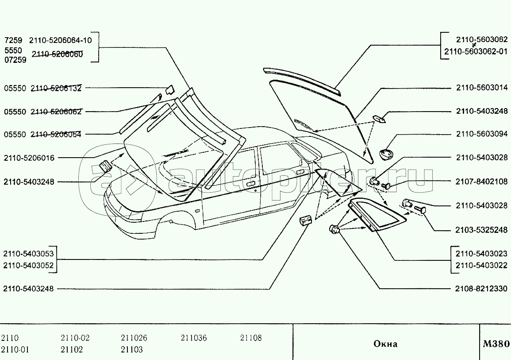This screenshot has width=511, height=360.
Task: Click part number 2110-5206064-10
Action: pyautogui.click(x=61, y=40)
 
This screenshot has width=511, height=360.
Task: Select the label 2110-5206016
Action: pyautogui.click(x=29, y=158)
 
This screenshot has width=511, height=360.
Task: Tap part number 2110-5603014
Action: pyautogui.click(x=482, y=88)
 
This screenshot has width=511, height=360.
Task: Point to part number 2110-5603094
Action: pyautogui.click(x=482, y=134)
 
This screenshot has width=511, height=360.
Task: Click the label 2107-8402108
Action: pyautogui.click(x=482, y=182)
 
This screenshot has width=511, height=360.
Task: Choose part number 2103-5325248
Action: pyautogui.click(x=482, y=230)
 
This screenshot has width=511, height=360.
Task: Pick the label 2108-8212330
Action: pyautogui.click(x=482, y=289)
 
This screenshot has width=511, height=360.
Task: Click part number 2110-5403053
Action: pyautogui.click(x=29, y=254)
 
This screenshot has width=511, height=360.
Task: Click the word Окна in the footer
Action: pyautogui.click(x=385, y=344)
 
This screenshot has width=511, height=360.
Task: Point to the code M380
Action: pyautogui.click(x=496, y=344)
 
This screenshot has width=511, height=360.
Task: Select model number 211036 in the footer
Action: pyautogui.click(x=193, y=338)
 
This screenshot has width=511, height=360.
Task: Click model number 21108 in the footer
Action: pyautogui.click(x=251, y=338)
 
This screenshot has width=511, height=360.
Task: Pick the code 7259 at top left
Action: pyautogui.click(x=12, y=40)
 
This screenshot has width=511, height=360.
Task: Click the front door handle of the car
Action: pyautogui.click(x=250, y=183)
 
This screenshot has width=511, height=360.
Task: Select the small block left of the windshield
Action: pyautogui.click(x=105, y=166)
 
